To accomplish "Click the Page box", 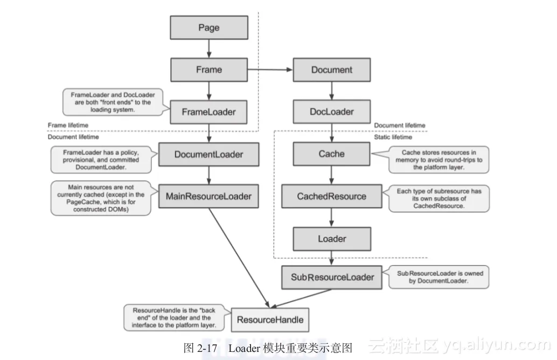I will coord(209,27).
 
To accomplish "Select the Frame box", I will coord(209,70).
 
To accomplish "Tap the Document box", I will coord(332,70).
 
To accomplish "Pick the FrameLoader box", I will coord(209,112).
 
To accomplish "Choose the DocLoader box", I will coord(332,112).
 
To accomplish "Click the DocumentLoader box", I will coord(209,155).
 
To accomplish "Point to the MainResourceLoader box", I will coord(209,196).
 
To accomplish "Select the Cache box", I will coord(332,154).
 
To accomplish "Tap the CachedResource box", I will coord(332,196).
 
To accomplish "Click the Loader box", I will coord(332,239).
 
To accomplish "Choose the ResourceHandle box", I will coord(270,320).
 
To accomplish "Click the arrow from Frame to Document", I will coord(270,70).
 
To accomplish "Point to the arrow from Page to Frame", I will coord(209,49).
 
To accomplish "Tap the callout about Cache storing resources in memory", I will coord(438,160).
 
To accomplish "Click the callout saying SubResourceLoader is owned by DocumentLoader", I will coord(440,277).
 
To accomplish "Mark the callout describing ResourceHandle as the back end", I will coord(175,318).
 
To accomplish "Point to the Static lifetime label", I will coord(393,137).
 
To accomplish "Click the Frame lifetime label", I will coord(68,126).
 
